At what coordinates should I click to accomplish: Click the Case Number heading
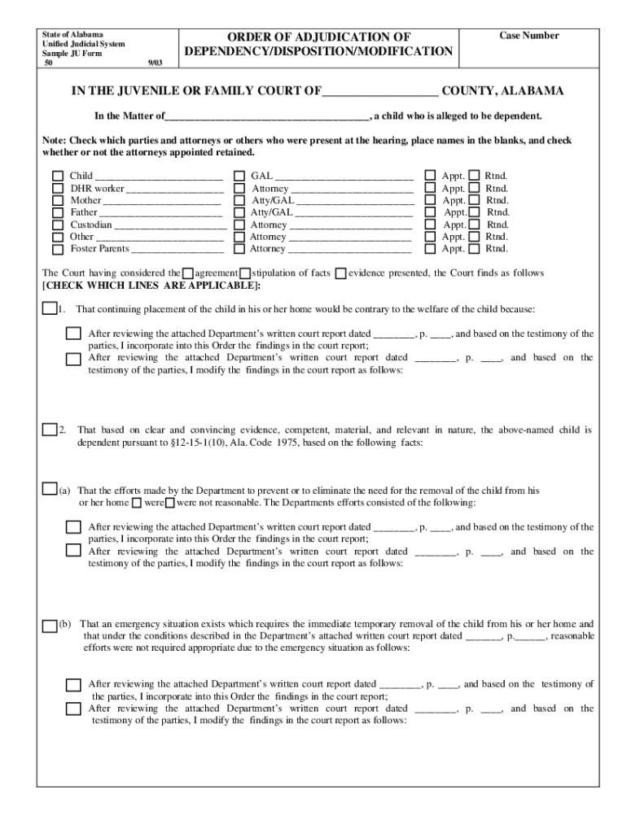coord(528,36)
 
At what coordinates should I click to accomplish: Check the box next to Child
coord(58,176)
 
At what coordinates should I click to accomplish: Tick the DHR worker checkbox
coord(58,188)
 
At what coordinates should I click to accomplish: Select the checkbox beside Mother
coord(58,200)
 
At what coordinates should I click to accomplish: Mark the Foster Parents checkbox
coord(58,249)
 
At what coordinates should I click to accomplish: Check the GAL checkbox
coord(239,176)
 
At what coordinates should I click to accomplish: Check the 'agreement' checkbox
coord(188,273)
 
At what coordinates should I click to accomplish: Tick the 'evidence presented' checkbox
coord(340,273)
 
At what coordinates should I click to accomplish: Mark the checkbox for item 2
coord(49,429)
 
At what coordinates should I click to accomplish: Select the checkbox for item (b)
coord(49,625)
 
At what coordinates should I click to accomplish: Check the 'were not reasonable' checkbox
coord(181,503)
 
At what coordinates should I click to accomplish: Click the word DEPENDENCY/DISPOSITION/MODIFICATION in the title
coord(318,51)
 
